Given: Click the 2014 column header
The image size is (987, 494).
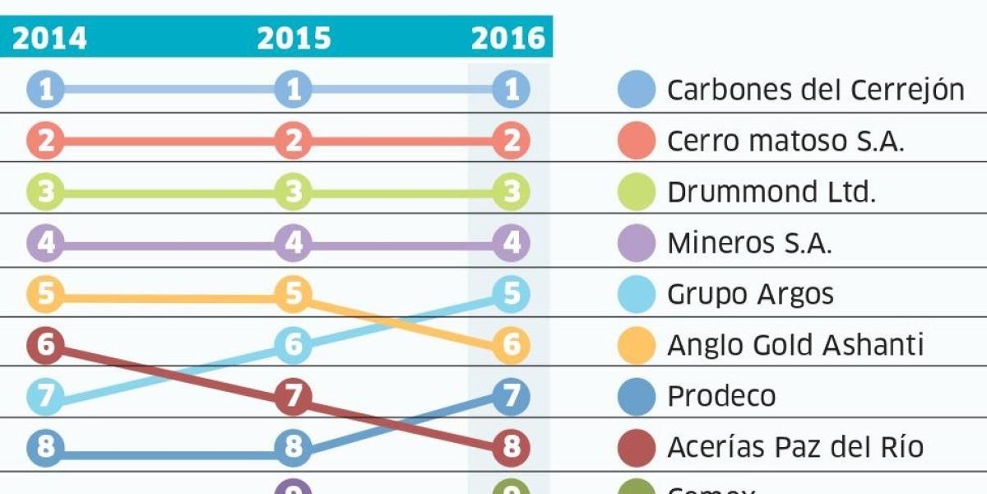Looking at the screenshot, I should [49, 39].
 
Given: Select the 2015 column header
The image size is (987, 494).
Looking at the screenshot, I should [294, 39].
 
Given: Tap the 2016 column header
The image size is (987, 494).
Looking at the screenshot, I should [508, 39].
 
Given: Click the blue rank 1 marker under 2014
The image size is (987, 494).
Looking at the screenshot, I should [45, 89].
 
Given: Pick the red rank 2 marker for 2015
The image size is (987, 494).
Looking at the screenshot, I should [294, 142].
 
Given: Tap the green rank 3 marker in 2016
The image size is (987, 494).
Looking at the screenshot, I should [512, 193].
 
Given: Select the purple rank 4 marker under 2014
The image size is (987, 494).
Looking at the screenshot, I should [45, 244].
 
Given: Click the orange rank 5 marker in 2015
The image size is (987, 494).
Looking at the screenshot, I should [294, 293].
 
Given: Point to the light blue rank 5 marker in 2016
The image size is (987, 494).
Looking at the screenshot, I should [512, 294].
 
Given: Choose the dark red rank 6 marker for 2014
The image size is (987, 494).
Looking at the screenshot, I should [45, 344].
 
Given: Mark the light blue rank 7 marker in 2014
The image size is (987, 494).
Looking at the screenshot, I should [45, 397].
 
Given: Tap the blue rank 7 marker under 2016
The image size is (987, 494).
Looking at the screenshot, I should [512, 397].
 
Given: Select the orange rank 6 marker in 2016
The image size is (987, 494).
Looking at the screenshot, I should [512, 346].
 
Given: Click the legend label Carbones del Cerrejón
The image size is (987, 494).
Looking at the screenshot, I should [815, 90].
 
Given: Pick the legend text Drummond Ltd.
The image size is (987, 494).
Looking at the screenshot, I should [772, 193].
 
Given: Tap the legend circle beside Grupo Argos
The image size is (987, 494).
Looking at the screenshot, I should [637, 294].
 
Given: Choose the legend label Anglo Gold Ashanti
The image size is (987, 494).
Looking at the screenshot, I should [795, 346].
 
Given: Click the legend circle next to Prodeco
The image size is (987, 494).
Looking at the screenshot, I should [637, 396].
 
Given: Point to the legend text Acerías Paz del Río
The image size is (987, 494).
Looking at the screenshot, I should [795, 448].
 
